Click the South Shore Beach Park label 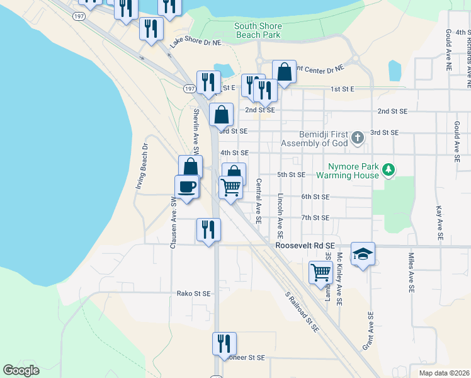258,30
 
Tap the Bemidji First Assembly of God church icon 358,138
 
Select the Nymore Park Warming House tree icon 389,169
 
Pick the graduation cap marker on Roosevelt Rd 363,254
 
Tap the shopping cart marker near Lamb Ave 321,273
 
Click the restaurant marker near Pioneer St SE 224,344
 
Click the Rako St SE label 193,294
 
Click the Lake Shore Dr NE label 196,43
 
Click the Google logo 21,370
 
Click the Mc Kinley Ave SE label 339,279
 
